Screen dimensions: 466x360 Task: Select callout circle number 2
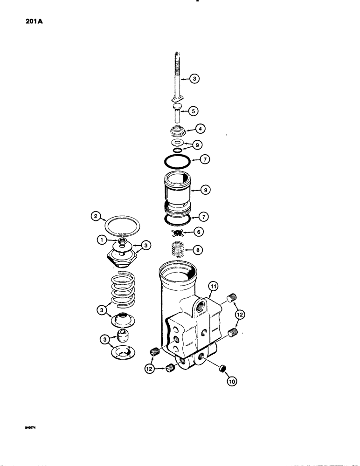point(96,216)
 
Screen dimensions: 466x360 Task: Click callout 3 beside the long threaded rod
point(196,79)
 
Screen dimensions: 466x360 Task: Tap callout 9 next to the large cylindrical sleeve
point(205,190)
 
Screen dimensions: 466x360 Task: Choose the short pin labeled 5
point(178,114)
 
